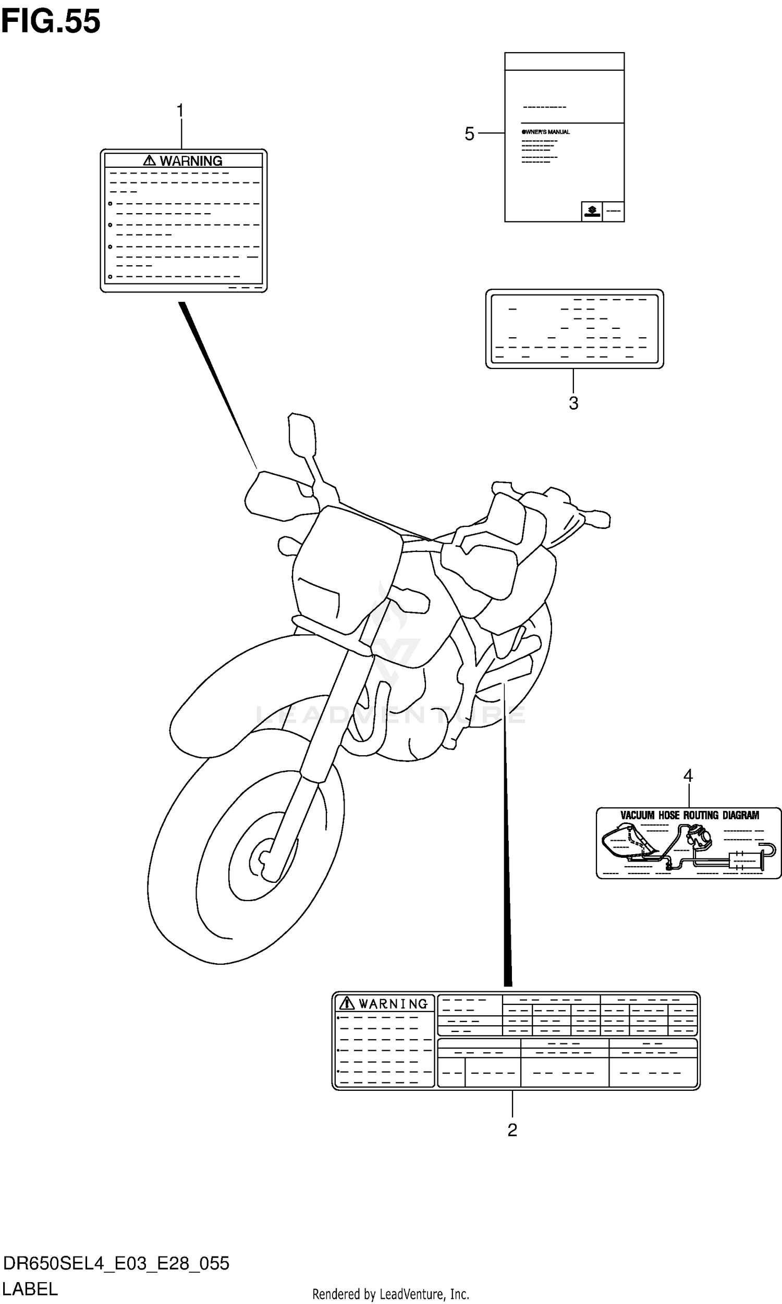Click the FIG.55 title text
(51, 22)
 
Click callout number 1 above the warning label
(180, 111)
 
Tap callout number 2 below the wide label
(512, 1130)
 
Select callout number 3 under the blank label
(573, 403)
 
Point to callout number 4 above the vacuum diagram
(688, 776)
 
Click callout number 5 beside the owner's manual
(469, 134)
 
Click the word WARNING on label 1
(191, 161)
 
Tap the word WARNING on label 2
(393, 1004)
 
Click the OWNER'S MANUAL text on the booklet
(546, 132)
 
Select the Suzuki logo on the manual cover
(592, 212)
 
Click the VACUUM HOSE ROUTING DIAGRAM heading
(689, 815)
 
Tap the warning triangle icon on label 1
(150, 161)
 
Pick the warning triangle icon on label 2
(347, 1003)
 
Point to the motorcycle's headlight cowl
(345, 569)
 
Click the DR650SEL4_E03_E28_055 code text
(116, 1263)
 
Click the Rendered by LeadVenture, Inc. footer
(390, 1294)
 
